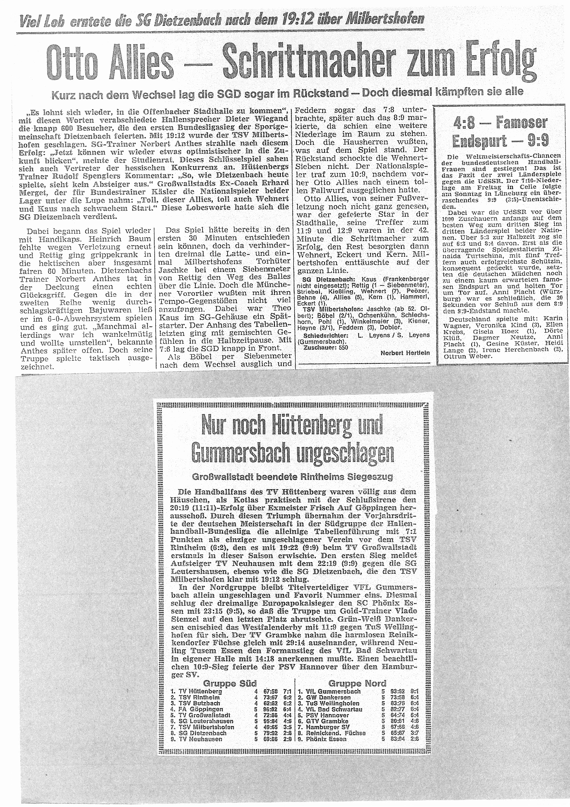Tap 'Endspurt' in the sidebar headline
[x=478, y=141]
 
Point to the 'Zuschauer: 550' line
[x=323, y=347]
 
